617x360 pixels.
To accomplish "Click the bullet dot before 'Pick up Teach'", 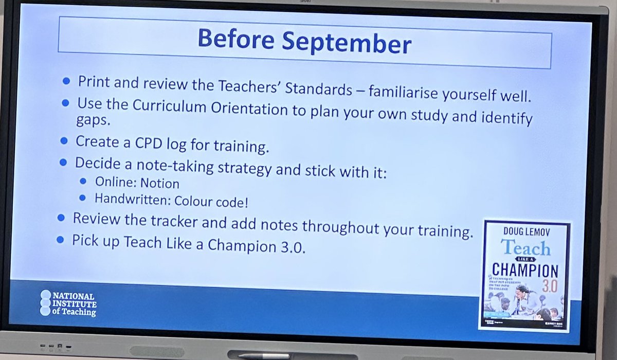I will click(60, 240).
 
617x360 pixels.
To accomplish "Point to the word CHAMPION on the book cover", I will click(525, 271).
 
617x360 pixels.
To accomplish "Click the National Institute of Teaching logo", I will click(67, 303).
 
